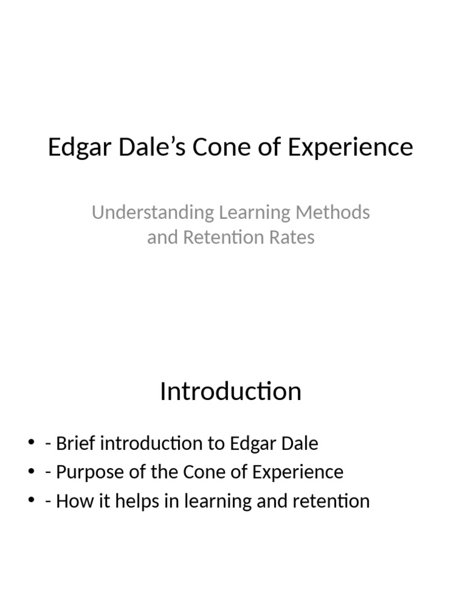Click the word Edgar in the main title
coord(76,147)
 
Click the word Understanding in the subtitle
coord(152,212)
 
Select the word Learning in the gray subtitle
coord(254,212)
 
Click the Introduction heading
coord(230,392)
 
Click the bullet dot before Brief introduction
coord(31,444)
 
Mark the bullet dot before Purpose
coord(31,472)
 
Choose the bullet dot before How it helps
coord(31,500)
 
